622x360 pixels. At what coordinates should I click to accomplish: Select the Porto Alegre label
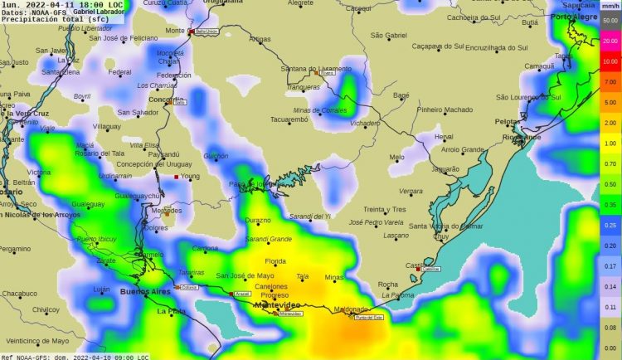point(574,17)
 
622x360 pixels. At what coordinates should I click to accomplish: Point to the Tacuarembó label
point(289,119)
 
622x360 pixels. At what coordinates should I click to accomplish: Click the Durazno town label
point(258,221)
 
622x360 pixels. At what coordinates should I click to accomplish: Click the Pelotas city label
point(508,121)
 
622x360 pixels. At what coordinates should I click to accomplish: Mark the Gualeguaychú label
point(138,196)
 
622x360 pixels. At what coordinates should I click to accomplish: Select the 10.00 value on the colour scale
point(610,61)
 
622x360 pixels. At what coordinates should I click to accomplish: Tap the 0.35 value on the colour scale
point(610,204)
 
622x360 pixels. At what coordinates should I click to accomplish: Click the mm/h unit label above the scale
point(610,6)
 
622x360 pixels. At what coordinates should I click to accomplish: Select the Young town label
point(190,176)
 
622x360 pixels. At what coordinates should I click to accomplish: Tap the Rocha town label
point(387,285)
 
